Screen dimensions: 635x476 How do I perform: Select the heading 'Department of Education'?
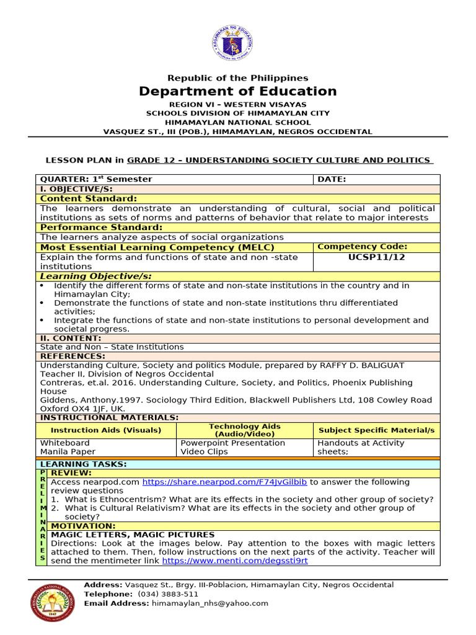(238, 92)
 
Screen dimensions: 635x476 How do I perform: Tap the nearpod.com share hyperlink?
(224, 482)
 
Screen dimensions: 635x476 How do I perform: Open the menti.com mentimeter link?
(235, 561)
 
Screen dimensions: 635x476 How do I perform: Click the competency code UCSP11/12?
(376, 257)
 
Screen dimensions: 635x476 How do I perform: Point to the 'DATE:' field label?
(332, 179)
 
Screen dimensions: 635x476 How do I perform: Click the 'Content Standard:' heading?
(89, 198)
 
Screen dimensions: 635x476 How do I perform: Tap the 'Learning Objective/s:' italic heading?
(96, 276)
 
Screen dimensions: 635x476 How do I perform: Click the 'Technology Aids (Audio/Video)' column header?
(245, 430)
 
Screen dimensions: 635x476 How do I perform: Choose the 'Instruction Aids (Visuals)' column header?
(106, 430)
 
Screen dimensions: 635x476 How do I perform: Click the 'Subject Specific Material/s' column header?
(376, 430)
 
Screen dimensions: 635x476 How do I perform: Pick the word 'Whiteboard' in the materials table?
(65, 443)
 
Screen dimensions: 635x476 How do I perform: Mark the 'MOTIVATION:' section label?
(83, 526)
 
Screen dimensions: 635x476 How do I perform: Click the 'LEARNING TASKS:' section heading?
(83, 464)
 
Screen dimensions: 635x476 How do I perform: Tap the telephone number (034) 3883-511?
(159, 593)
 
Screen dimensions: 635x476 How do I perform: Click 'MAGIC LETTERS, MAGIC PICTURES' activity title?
(133, 535)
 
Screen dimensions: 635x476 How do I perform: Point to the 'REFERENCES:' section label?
(73, 356)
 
